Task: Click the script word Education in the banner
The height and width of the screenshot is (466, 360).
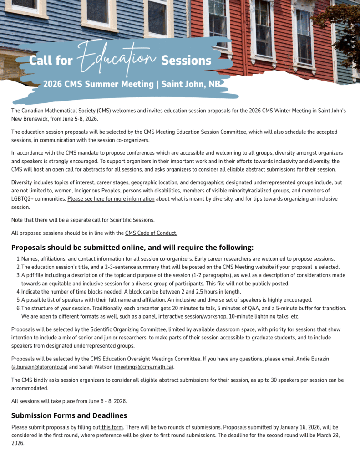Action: [x=117, y=58]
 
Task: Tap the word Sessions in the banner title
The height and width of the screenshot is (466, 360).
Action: [x=186, y=61]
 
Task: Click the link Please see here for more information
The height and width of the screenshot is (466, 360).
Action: [x=111, y=199]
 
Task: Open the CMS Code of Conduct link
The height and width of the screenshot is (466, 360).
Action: [x=151, y=233]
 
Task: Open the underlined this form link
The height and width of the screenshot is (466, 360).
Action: [x=112, y=427]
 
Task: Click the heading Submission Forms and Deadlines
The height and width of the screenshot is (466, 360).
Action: [x=69, y=415]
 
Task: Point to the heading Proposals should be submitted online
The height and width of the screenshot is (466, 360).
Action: [x=132, y=248]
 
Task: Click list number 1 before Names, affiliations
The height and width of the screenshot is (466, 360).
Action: [x=18, y=258]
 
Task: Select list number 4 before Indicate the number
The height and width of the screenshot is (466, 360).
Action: [x=18, y=291]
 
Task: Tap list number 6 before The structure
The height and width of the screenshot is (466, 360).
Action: [x=18, y=308]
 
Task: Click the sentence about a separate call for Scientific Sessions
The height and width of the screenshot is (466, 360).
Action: [x=83, y=220]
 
